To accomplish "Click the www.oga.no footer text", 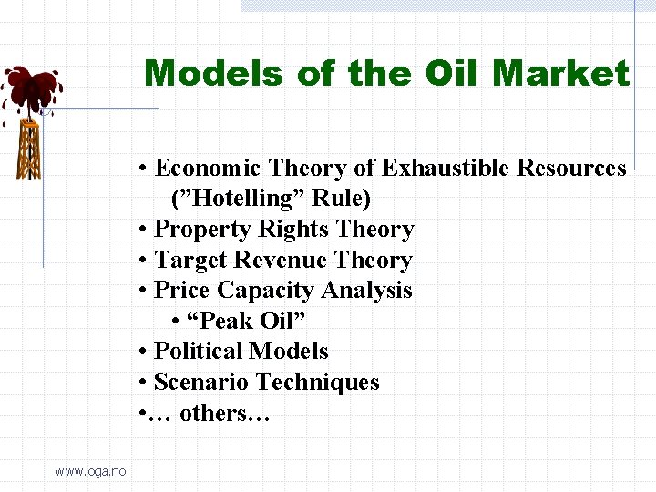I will click(91, 470).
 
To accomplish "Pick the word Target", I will click(189, 261).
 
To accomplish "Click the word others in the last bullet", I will click(214, 414).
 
